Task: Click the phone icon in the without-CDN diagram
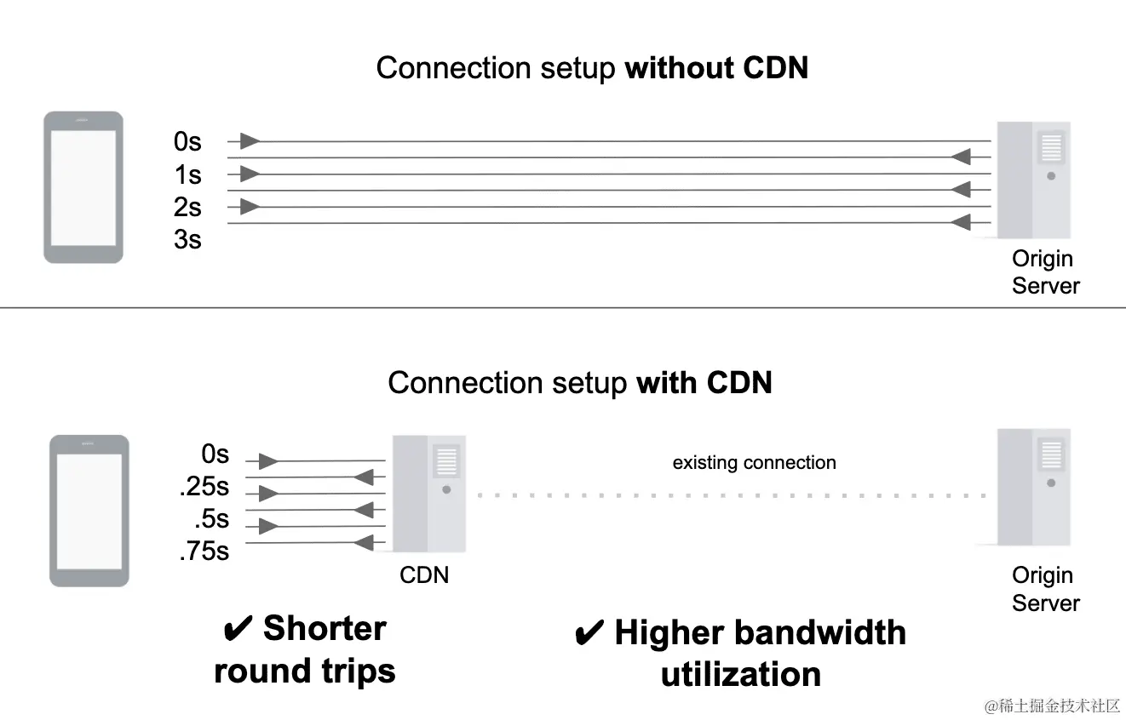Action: [x=83, y=187]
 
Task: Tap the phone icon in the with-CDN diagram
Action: [x=89, y=511]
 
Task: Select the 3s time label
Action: [x=187, y=240]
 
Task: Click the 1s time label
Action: [x=187, y=174]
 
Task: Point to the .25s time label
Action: [x=204, y=487]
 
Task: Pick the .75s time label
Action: [x=204, y=551]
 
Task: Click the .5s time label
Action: [x=211, y=519]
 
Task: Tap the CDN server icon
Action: [x=428, y=494]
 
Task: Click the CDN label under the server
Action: [x=424, y=575]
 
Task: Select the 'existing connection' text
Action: [x=754, y=463]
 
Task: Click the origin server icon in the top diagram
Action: [x=1033, y=180]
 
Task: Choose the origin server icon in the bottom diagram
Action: [x=1033, y=487]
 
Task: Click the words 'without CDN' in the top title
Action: [x=716, y=68]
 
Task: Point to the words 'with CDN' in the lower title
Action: [x=704, y=383]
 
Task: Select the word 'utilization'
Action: [x=741, y=675]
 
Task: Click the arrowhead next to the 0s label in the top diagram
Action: [x=250, y=140]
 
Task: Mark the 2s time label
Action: [x=187, y=207]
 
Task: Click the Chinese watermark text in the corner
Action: [x=1052, y=706]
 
